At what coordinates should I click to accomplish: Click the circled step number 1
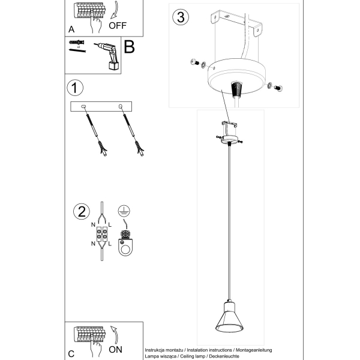[75, 88]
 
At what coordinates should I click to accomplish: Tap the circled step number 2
[82, 211]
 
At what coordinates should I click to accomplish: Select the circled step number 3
[181, 17]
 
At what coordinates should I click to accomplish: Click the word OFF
[118, 25]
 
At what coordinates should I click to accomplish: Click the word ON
[115, 350]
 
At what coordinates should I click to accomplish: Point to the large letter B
[129, 47]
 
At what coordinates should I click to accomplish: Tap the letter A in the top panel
[71, 29]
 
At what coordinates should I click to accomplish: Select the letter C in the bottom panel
[71, 354]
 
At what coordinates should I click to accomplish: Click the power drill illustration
[107, 56]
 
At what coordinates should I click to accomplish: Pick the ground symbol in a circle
[124, 211]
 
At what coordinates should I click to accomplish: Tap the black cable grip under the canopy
[236, 89]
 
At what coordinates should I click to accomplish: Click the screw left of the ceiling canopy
[195, 62]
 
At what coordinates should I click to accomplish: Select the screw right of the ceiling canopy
[278, 88]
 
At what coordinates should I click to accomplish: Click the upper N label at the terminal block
[93, 225]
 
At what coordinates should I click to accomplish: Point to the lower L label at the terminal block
[110, 244]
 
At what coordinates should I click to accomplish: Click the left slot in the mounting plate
[83, 106]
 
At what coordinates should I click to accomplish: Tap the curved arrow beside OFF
[115, 10]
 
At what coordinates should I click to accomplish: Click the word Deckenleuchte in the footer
[224, 356]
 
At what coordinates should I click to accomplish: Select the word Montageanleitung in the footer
[254, 350]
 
